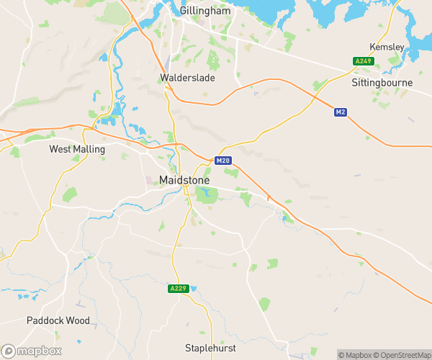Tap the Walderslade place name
(186, 77)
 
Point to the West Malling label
(77, 149)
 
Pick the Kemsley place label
(387, 47)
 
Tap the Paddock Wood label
(58, 320)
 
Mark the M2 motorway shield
(341, 112)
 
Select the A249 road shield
(362, 61)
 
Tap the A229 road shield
(178, 289)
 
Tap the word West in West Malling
(60, 149)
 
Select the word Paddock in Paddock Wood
(45, 320)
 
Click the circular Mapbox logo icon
(9, 351)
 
